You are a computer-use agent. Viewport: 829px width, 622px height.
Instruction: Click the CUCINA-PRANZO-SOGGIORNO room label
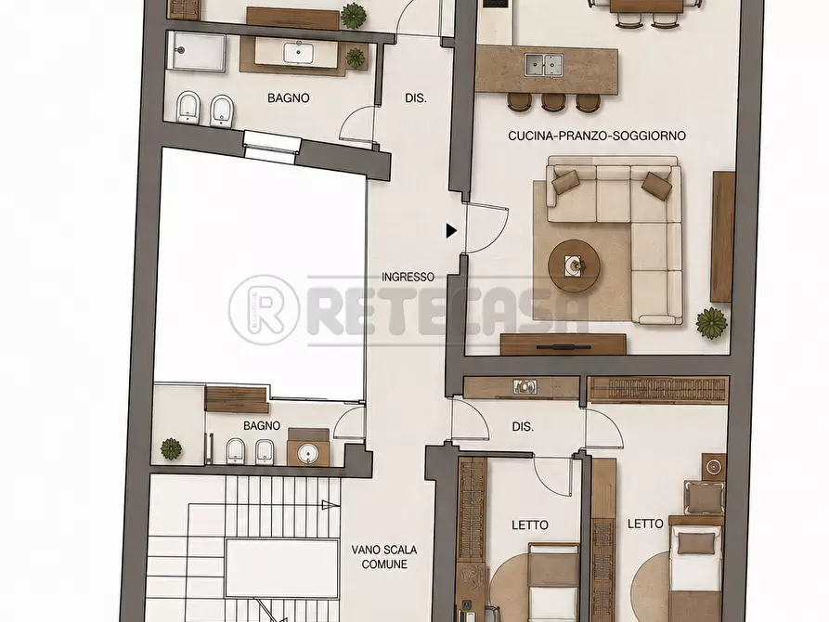pos(597,136)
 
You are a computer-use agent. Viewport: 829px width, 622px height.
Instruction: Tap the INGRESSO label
pos(408,277)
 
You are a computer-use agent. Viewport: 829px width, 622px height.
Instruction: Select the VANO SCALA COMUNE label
pos(384,557)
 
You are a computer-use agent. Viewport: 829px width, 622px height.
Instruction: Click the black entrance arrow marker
pos(451,230)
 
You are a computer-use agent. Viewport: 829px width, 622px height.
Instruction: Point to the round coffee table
pos(574,265)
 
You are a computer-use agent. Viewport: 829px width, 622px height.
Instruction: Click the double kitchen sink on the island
pos(543,65)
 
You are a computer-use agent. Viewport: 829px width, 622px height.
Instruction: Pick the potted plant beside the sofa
pos(712,323)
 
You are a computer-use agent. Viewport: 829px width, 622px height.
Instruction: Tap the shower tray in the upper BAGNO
pos(196,51)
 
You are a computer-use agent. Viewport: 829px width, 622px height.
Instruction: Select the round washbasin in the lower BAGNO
pos(307,453)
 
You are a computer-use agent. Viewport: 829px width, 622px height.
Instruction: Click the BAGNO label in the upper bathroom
pos(288,97)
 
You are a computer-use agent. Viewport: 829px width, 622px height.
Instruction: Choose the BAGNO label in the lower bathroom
pos(262,425)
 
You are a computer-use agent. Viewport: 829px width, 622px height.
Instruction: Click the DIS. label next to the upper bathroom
pos(416,97)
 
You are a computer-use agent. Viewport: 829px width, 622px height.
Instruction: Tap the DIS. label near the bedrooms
pos(523,427)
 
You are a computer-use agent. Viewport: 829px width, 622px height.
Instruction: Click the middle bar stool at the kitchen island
pos(553,101)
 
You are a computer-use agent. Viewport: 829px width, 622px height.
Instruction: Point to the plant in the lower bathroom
pos(172,448)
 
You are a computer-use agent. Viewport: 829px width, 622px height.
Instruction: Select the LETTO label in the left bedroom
pos(530,525)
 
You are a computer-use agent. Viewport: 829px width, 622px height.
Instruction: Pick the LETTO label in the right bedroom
pos(645,524)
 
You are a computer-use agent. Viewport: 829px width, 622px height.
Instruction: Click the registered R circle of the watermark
pos(265,310)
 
